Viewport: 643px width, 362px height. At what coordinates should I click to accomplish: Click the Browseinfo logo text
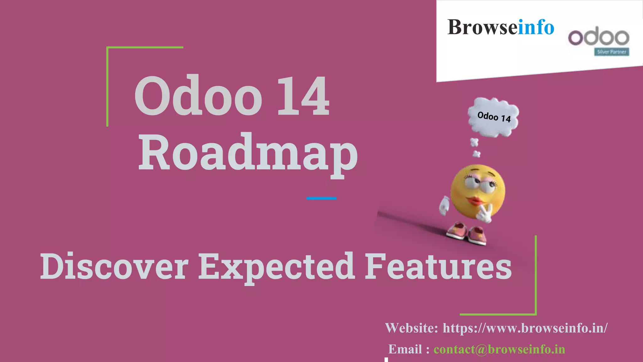(500, 27)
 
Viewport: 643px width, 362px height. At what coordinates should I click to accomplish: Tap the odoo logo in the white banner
(598, 38)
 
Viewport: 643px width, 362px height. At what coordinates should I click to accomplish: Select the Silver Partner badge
(612, 52)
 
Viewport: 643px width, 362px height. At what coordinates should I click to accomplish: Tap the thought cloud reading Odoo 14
(494, 117)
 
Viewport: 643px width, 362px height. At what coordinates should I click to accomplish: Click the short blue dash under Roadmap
(321, 198)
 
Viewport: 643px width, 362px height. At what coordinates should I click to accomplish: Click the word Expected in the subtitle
(276, 266)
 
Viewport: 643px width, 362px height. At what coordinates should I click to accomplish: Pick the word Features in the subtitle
(438, 266)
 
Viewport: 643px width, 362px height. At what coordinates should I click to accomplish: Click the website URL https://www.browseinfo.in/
(525, 328)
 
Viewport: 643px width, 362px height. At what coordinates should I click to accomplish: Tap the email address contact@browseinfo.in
(499, 349)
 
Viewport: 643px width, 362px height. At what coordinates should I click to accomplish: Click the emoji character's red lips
(476, 201)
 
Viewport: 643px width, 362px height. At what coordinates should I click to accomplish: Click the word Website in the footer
(411, 328)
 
